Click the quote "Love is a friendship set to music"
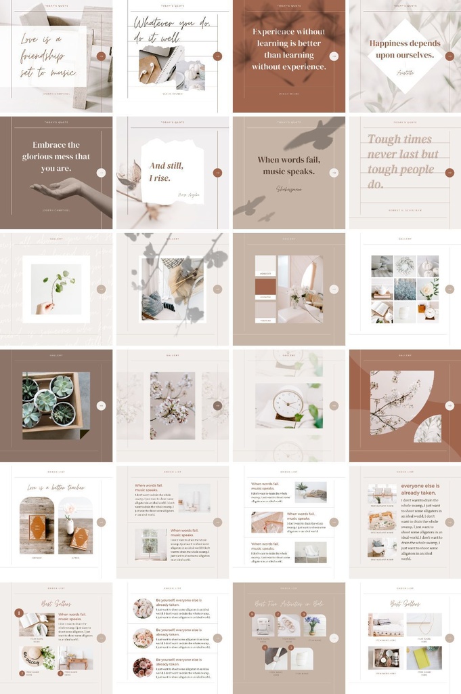coord(49,55)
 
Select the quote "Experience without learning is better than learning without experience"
coord(288,49)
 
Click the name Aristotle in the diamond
coord(405,70)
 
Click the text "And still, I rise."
coord(165,171)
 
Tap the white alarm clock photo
coord(288,405)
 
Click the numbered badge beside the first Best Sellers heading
coord(19,613)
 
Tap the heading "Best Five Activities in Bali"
coord(288,603)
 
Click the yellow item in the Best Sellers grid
coord(424,657)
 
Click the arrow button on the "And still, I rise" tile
coord(217,173)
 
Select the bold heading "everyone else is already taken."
coord(420,489)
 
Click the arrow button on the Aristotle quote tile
coord(449,56)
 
